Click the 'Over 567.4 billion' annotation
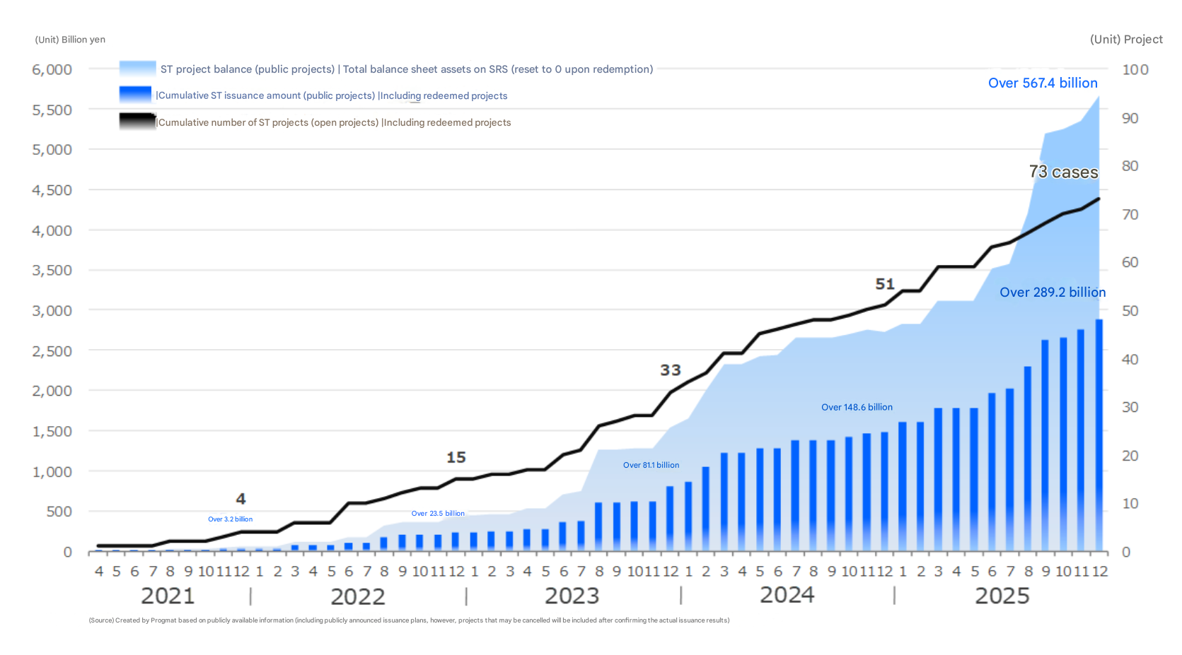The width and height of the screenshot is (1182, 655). [x=1043, y=83]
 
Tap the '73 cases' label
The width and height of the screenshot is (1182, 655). [x=1063, y=172]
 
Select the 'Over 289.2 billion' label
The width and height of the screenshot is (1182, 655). [x=1052, y=293]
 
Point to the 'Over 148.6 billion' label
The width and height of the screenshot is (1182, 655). [x=857, y=408]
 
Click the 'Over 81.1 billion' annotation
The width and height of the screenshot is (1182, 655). [x=651, y=466]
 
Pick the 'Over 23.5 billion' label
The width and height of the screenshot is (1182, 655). [x=438, y=514]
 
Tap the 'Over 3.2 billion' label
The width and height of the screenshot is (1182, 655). [x=230, y=519]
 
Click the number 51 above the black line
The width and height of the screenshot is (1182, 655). [x=885, y=284]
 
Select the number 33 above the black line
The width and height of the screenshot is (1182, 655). [x=671, y=370]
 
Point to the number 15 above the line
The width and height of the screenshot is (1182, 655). [x=456, y=458]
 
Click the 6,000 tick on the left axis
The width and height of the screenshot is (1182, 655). [x=52, y=70]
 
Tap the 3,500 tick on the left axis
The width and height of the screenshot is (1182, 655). [x=52, y=271]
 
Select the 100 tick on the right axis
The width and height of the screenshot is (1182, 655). [x=1135, y=70]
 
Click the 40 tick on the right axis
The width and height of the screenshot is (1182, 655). [x=1130, y=360]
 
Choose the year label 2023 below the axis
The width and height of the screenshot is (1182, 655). [x=572, y=596]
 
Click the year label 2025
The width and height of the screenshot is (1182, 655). [x=1002, y=596]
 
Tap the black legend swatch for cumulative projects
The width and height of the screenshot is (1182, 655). [x=137, y=122]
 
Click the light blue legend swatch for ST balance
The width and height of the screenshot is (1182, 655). [x=137, y=69]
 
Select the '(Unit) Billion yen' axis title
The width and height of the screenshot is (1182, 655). [x=70, y=40]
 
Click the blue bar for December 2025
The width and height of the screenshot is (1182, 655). [x=1099, y=435]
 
